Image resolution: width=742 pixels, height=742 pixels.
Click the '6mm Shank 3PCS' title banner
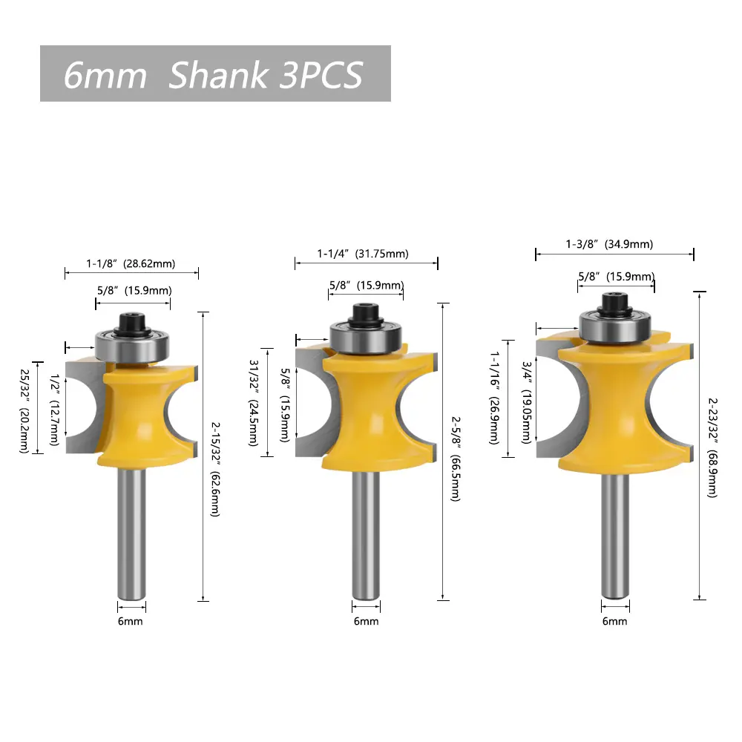click(215, 73)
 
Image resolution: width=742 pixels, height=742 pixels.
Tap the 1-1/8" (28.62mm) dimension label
click(131, 263)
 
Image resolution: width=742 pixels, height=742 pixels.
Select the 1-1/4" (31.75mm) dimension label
click(363, 254)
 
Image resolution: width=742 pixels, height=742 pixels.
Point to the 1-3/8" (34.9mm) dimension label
click(609, 244)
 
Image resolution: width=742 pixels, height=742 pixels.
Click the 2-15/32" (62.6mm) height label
click(215, 470)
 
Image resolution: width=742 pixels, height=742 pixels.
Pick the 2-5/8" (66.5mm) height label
click(456, 459)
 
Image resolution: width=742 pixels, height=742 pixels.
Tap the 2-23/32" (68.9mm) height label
click(712, 447)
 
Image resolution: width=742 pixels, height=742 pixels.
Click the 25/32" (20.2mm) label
click(24, 411)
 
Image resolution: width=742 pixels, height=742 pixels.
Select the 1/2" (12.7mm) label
click(55, 410)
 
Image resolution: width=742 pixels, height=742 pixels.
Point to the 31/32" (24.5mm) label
click(254, 403)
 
